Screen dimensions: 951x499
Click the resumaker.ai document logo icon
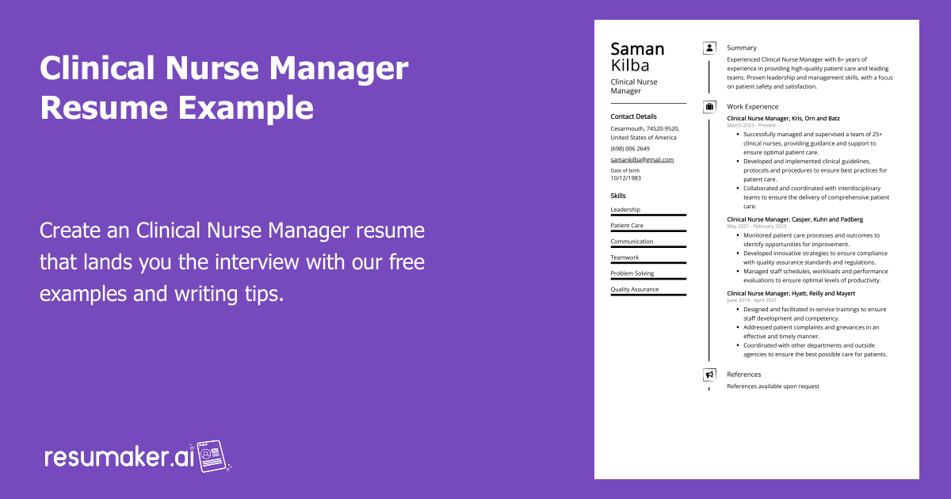point(211,456)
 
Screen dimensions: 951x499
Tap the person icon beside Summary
point(709,48)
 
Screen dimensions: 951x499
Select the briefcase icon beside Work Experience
point(709,106)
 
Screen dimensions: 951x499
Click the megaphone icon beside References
point(709,375)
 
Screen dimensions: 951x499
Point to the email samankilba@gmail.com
point(642,159)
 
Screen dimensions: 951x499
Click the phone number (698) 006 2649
point(630,149)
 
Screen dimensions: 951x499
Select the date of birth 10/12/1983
point(626,178)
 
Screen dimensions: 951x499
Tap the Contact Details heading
point(633,116)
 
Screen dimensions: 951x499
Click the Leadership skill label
point(625,210)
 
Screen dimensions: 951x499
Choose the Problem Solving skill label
point(632,273)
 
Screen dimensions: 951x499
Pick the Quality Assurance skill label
point(635,289)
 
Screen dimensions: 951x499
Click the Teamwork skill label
point(624,257)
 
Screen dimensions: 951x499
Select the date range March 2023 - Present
point(751,125)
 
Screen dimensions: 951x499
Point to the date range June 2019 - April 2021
point(751,300)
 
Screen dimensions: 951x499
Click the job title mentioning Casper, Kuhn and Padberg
point(795,219)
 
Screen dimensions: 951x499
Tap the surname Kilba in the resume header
point(630,65)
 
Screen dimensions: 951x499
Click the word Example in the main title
point(246,109)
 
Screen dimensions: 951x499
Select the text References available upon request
point(773,387)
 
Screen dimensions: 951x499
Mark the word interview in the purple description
point(257,262)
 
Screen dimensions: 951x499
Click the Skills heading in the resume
point(618,196)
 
